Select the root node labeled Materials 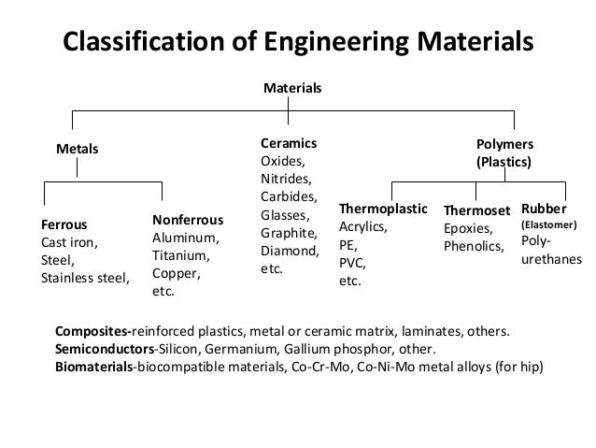coord(292,87)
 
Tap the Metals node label coord(78,148)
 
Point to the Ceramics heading coord(288,144)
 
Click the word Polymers coord(504,145)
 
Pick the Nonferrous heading coord(188,220)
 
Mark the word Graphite coord(287,233)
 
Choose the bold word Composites coord(92,331)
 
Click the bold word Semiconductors coord(103,348)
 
